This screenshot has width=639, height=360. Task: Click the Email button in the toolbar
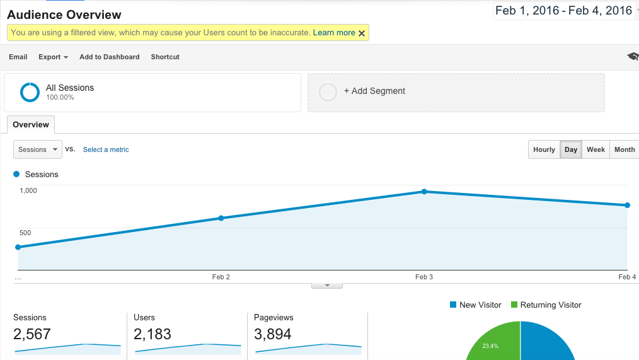click(x=18, y=57)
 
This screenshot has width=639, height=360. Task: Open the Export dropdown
click(x=53, y=57)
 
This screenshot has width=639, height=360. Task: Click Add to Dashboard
click(x=109, y=57)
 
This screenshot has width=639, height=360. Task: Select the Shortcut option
click(x=165, y=57)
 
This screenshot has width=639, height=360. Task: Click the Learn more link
click(x=334, y=33)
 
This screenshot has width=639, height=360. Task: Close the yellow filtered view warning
click(x=362, y=33)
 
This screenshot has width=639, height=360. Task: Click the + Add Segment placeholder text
click(x=374, y=91)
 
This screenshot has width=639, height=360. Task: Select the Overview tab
click(x=31, y=125)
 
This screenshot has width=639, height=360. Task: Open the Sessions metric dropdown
click(x=38, y=149)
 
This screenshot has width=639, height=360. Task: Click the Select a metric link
click(x=106, y=149)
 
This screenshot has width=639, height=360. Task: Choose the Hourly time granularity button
click(x=544, y=149)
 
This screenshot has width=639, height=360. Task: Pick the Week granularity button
click(x=596, y=149)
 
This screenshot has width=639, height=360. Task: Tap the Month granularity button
click(x=625, y=149)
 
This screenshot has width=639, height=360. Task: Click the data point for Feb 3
click(x=424, y=192)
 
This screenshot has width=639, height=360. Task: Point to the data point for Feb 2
click(x=221, y=218)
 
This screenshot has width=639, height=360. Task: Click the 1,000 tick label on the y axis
click(x=28, y=190)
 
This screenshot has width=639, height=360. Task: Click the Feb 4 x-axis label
click(x=627, y=277)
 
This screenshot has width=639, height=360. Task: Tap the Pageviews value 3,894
click(x=273, y=334)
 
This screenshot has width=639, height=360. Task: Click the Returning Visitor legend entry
click(x=546, y=305)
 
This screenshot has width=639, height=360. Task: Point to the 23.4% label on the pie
click(x=490, y=346)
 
